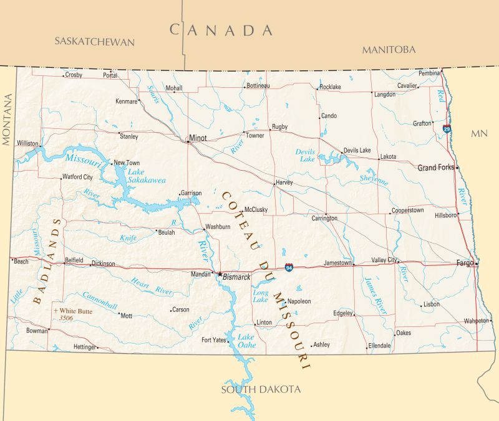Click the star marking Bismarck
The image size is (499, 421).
[x=219, y=274]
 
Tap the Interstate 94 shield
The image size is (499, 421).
[x=289, y=267]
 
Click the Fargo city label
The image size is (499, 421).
[x=465, y=263]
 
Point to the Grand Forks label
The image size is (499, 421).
[x=436, y=168]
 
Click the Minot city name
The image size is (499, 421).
[x=198, y=138]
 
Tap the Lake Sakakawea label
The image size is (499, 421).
[x=147, y=176]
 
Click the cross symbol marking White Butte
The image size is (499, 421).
[x=56, y=310]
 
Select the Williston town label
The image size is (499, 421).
[x=27, y=143]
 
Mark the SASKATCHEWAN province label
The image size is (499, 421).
[x=94, y=42]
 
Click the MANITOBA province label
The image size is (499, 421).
[x=389, y=49]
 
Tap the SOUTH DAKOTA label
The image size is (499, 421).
[x=261, y=390]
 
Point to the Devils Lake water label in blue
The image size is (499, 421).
[x=306, y=155]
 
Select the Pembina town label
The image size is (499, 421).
[x=429, y=73]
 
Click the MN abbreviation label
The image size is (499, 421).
[x=479, y=133]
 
